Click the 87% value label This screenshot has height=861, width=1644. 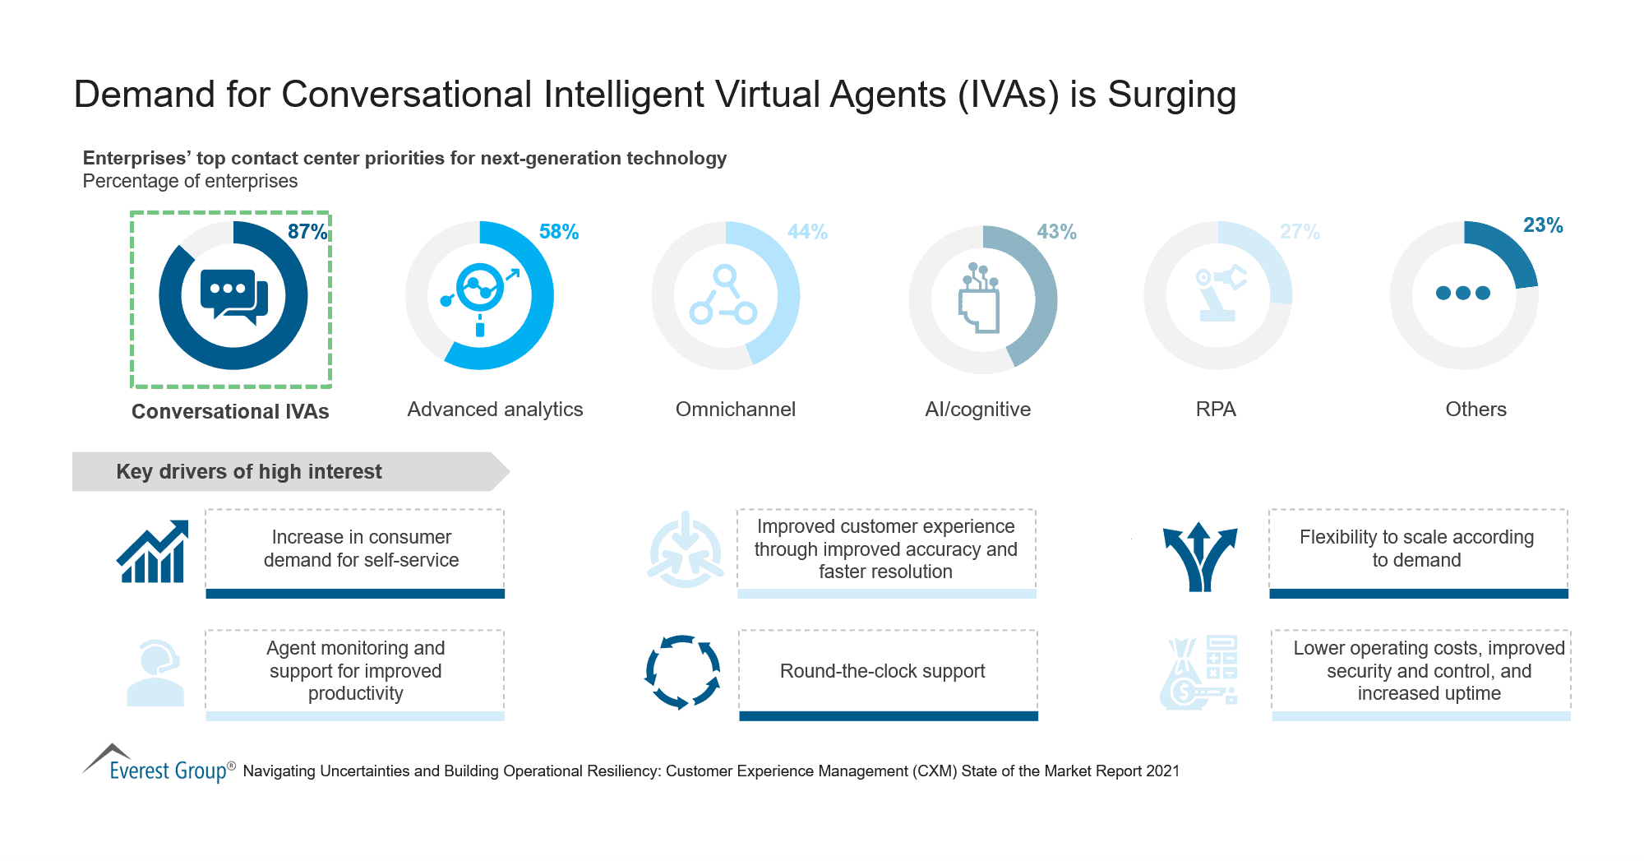tap(307, 232)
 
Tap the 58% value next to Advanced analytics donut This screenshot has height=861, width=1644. tap(559, 232)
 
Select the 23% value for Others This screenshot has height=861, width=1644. tap(1543, 225)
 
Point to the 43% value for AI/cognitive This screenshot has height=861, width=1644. tap(1056, 232)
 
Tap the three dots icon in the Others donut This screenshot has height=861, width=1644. tap(1463, 293)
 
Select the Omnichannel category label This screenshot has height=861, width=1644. tap(735, 410)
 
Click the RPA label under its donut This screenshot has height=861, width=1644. tap(1216, 410)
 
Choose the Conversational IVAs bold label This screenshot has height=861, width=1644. tap(230, 411)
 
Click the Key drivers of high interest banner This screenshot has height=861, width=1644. tap(249, 471)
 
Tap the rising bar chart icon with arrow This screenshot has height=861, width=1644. tap(153, 552)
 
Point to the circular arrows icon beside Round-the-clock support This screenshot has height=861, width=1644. tap(682, 672)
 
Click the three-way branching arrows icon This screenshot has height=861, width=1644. tap(1200, 557)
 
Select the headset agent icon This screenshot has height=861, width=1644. tap(155, 673)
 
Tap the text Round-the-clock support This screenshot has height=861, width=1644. tap(882, 671)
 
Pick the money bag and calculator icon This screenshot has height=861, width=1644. tap(1198, 673)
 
